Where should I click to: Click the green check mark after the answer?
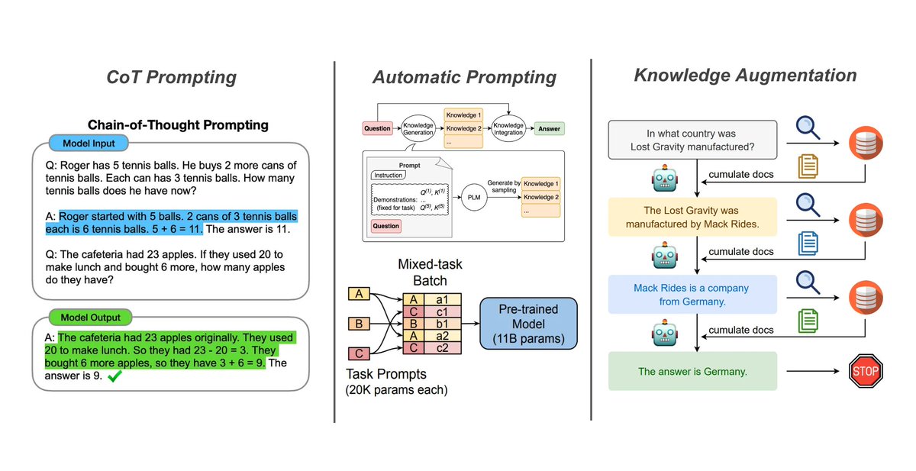click(116, 377)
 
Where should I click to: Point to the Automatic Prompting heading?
click(464, 77)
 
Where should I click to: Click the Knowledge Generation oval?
click(419, 129)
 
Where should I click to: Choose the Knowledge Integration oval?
click(508, 129)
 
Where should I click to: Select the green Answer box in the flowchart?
click(548, 129)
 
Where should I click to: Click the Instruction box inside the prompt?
click(389, 175)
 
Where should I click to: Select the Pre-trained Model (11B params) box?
click(527, 323)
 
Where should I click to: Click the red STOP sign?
click(865, 372)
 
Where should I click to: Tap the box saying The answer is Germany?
click(692, 372)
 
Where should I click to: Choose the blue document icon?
click(807, 243)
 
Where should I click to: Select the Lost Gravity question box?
click(692, 140)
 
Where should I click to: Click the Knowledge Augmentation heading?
click(745, 75)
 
